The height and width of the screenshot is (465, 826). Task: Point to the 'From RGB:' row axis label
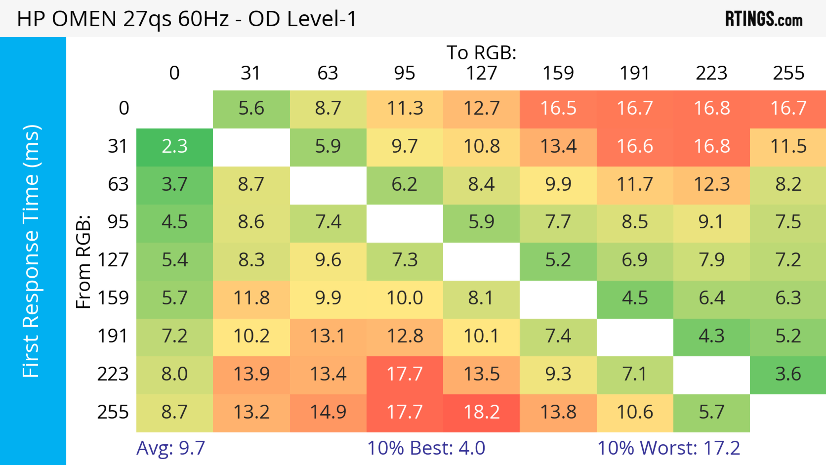click(x=83, y=262)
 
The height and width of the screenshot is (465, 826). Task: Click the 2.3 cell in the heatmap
click(x=174, y=147)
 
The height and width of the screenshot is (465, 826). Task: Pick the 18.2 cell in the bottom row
click(x=481, y=412)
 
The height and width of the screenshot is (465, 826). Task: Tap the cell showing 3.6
click(x=788, y=374)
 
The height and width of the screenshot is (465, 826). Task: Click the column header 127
click(x=481, y=73)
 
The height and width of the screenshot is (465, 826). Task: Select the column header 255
click(x=788, y=73)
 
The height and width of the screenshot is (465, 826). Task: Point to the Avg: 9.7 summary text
click(x=171, y=448)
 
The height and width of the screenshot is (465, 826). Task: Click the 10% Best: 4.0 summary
click(x=426, y=448)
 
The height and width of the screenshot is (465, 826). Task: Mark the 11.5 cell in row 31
click(x=788, y=147)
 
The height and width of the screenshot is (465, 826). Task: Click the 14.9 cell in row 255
click(x=328, y=412)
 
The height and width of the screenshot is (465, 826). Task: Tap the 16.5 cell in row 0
click(x=558, y=108)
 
